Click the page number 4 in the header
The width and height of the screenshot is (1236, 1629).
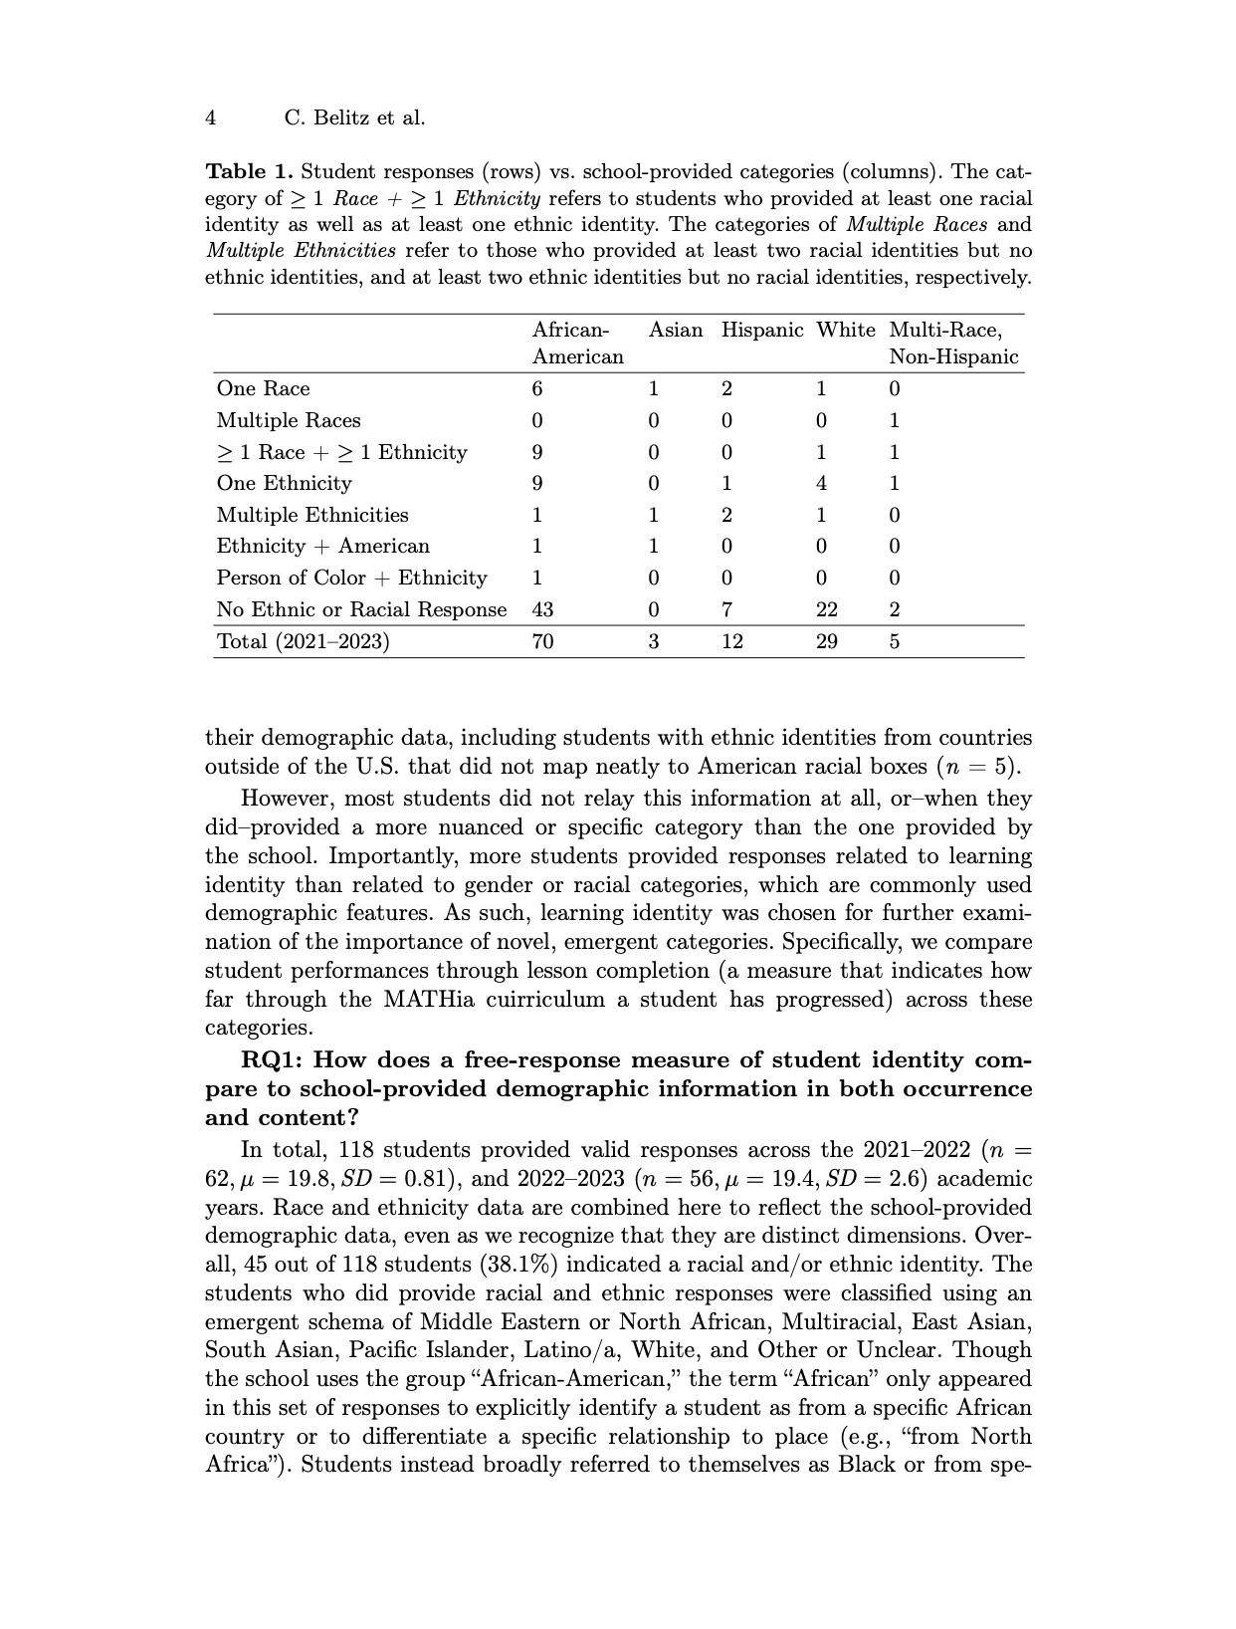pyautogui.click(x=210, y=117)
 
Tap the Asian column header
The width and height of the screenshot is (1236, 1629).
pyautogui.click(x=676, y=330)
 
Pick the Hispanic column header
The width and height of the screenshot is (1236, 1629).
pyautogui.click(x=762, y=330)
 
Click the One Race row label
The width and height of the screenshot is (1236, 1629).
pyautogui.click(x=263, y=388)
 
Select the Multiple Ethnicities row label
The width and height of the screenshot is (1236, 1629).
pyautogui.click(x=312, y=515)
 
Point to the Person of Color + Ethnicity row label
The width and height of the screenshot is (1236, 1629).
pyautogui.click(x=352, y=578)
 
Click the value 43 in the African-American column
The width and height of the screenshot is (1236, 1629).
pyautogui.click(x=543, y=609)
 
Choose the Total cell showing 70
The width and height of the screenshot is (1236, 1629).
pyautogui.click(x=543, y=641)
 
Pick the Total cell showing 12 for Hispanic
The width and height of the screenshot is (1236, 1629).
pyautogui.click(x=732, y=641)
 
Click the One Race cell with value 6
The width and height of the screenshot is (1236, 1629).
pyautogui.click(x=537, y=388)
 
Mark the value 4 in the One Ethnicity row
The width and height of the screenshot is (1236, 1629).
pyautogui.click(x=821, y=483)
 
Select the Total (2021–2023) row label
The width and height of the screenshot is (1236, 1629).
pyautogui.click(x=304, y=641)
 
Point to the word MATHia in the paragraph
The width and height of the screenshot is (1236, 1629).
pyautogui.click(x=432, y=999)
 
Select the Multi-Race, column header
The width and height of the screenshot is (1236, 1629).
pyautogui.click(x=945, y=330)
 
